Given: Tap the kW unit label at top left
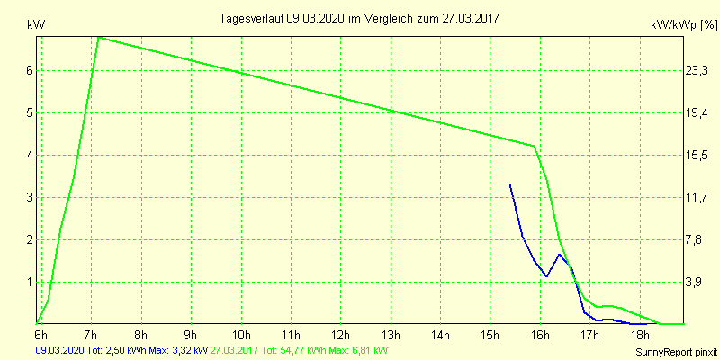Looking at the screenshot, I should (36, 25).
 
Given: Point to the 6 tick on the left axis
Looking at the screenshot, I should (29, 70).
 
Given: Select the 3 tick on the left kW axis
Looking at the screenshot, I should (29, 197).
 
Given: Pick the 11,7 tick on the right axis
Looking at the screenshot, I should (698, 197).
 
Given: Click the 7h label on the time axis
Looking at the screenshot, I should (91, 336).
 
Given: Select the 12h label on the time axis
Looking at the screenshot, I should (341, 336).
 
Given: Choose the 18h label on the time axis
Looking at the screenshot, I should (640, 336).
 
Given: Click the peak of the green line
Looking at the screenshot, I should (98, 37).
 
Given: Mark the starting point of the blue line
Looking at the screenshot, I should (510, 184).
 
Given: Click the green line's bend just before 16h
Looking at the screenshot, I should (534, 146).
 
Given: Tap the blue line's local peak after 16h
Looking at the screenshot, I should (560, 254).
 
